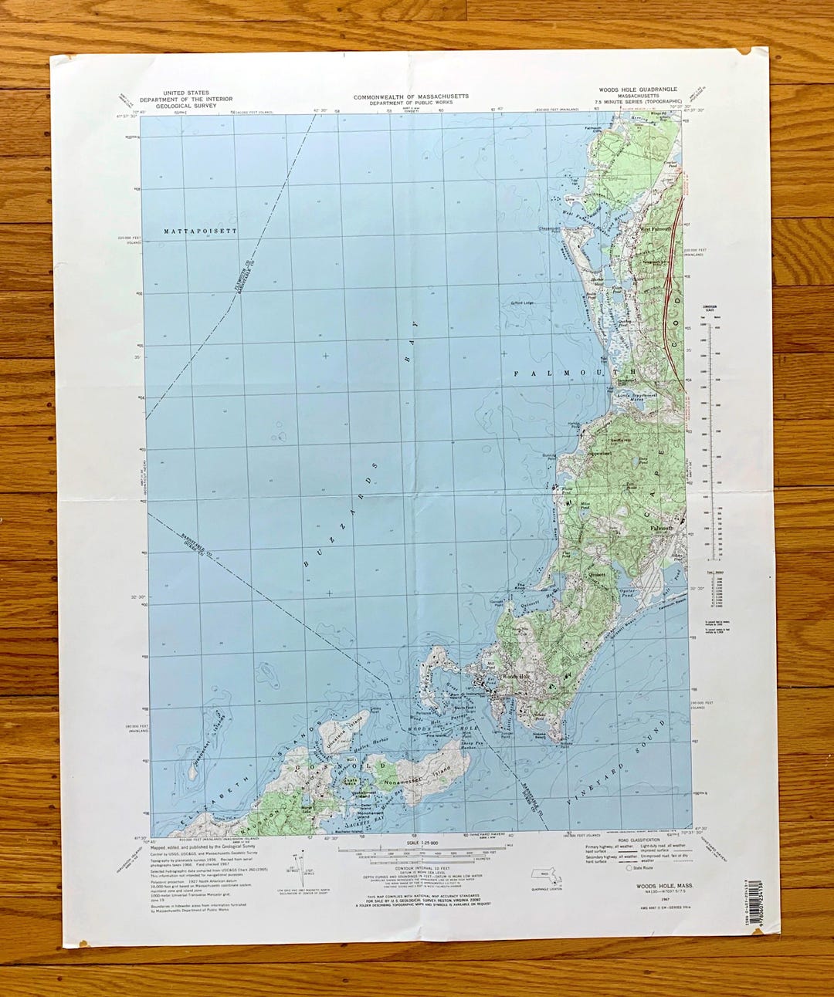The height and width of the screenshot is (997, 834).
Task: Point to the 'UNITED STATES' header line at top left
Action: (186, 93)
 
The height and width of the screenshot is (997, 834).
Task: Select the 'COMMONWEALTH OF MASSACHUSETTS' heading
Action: (411, 97)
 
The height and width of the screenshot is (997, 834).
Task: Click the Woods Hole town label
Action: (515, 677)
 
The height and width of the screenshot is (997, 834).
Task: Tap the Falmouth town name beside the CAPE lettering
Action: (662, 528)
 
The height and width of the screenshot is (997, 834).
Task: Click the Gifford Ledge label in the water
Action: (517, 303)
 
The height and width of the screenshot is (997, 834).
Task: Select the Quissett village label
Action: (598, 573)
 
